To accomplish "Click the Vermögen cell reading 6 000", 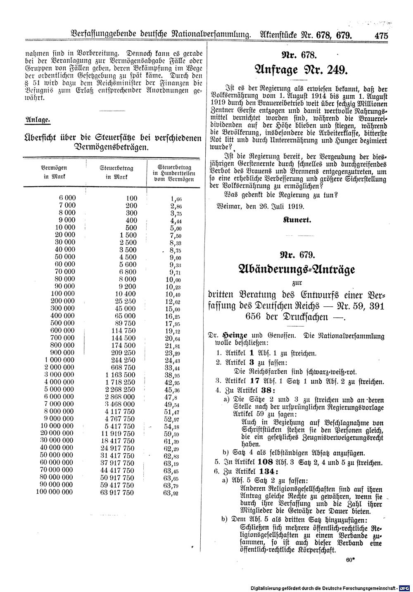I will (x=67, y=198).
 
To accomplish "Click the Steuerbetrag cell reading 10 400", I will (x=125, y=294).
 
